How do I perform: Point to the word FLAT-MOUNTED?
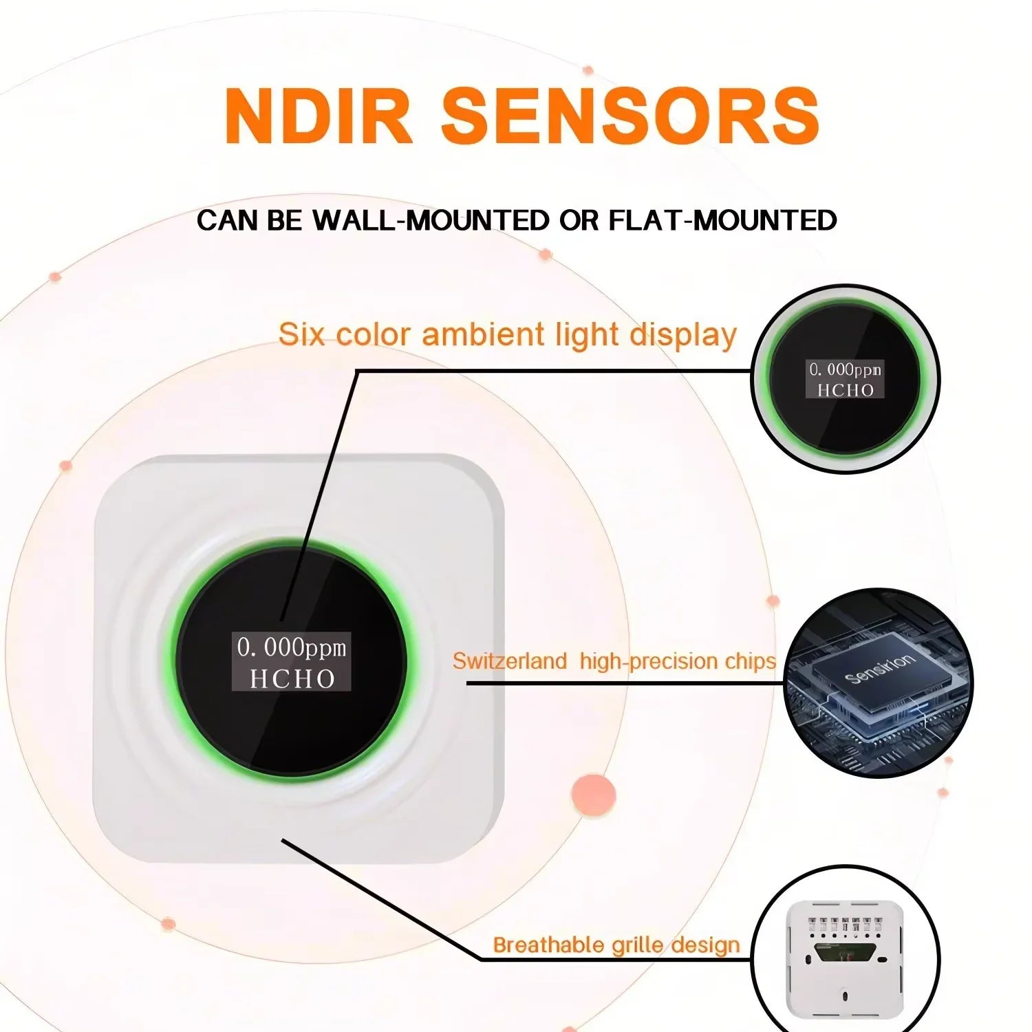(723, 220)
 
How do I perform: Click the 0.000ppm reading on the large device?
(292, 647)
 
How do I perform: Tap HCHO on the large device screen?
(292, 679)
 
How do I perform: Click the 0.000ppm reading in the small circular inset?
(845, 370)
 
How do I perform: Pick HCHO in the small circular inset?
(845, 390)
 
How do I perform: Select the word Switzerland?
(509, 661)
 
